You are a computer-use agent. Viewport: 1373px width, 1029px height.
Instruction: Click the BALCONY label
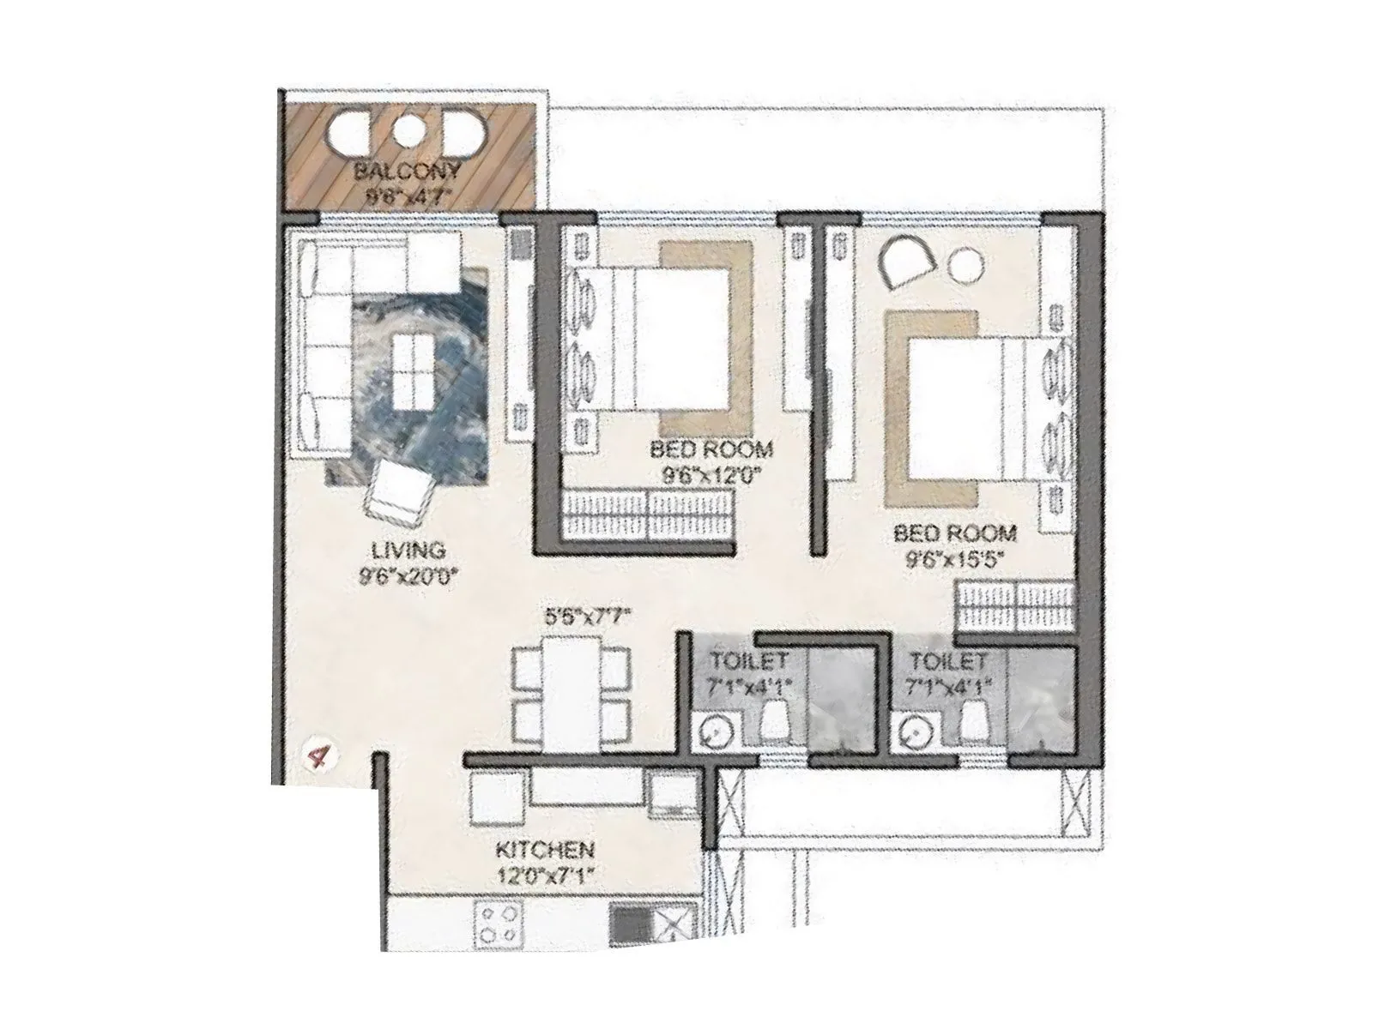click(x=408, y=171)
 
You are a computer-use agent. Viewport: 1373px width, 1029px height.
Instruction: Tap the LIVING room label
click(x=408, y=550)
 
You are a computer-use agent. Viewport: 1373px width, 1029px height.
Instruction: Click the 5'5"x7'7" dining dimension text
click(x=588, y=616)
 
